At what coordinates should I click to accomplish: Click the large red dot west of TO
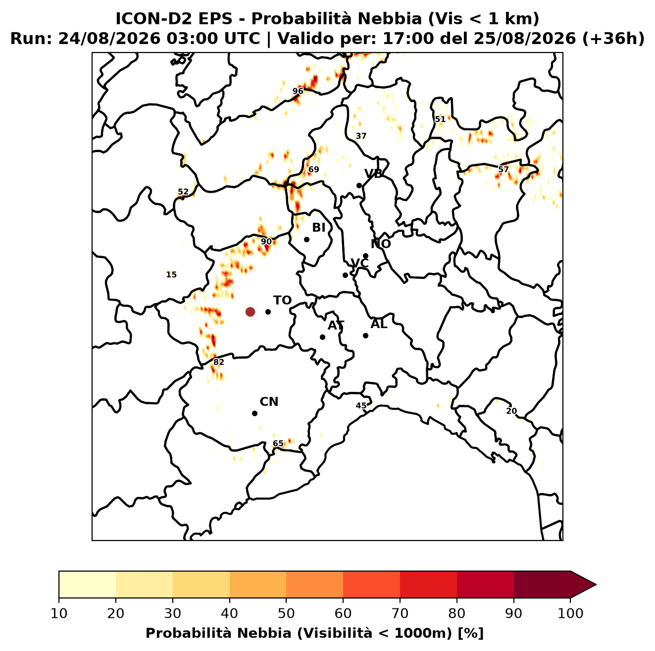(x=250, y=312)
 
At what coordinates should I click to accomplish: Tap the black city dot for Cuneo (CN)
(x=254, y=414)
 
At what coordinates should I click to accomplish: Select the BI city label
(x=319, y=228)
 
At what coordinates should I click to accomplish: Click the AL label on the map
(x=379, y=324)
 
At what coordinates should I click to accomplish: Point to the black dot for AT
(x=323, y=337)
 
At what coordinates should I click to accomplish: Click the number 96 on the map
(x=298, y=91)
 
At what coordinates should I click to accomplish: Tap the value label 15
(x=171, y=274)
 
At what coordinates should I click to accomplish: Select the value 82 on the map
(x=218, y=362)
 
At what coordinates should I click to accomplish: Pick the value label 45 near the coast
(x=361, y=406)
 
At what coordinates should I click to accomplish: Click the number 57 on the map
(x=504, y=169)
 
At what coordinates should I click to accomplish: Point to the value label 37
(x=361, y=136)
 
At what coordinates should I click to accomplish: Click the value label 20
(x=511, y=411)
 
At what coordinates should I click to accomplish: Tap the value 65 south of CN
(x=278, y=443)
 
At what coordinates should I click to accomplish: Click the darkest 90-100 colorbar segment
(x=542, y=585)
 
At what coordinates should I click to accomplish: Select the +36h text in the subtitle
(x=613, y=39)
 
